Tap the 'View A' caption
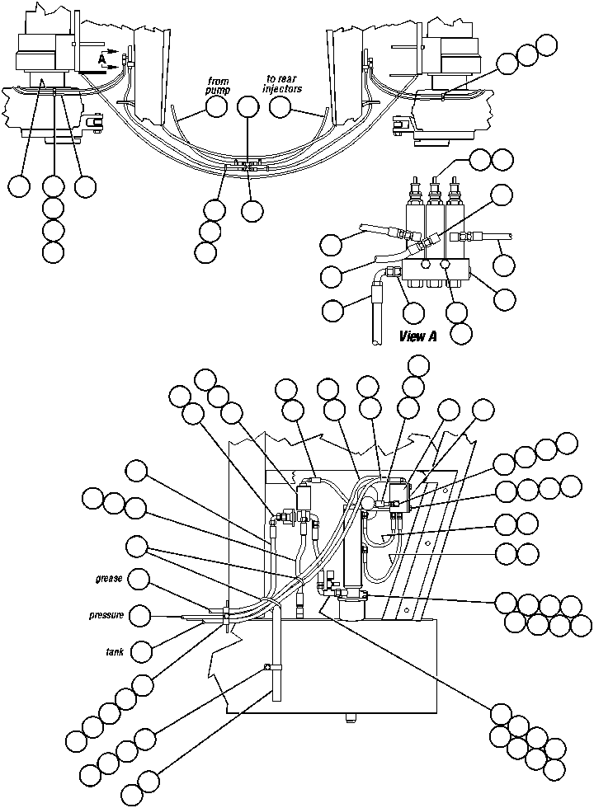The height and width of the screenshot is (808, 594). click(417, 336)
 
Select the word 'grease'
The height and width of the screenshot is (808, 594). click(109, 579)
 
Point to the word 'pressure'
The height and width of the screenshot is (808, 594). click(106, 615)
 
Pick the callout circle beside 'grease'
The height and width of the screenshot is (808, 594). click(140, 580)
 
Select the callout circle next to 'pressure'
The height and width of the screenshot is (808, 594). click(141, 615)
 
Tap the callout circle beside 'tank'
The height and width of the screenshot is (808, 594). click(142, 651)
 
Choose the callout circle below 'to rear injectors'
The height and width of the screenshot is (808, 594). click(280, 106)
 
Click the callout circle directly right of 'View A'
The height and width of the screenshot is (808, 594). click(462, 332)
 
